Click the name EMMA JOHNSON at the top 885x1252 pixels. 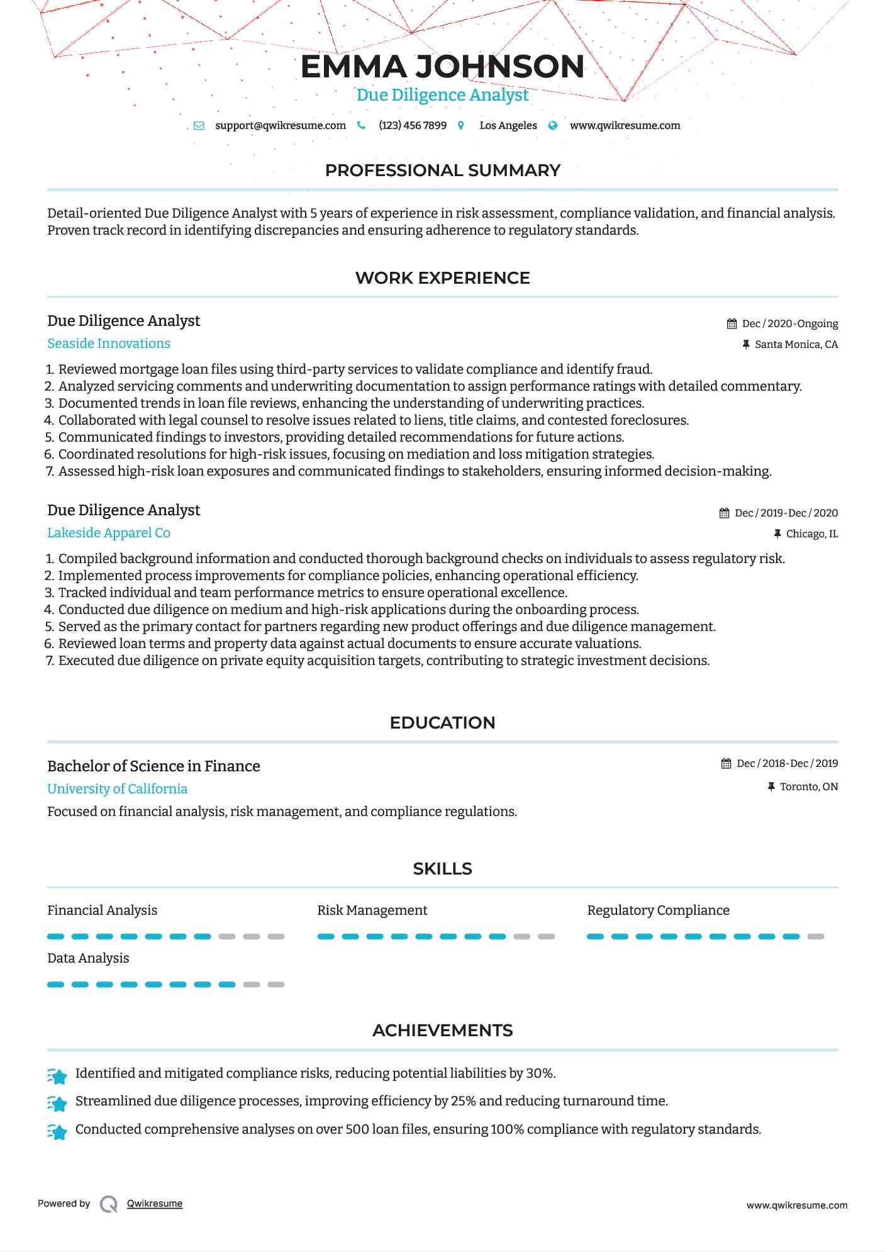(x=442, y=67)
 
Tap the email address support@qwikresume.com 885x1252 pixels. (x=280, y=125)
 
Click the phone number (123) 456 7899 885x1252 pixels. (x=412, y=125)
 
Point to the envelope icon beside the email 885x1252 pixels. (x=199, y=125)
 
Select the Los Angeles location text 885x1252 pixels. (x=508, y=125)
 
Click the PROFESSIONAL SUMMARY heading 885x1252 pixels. (x=442, y=170)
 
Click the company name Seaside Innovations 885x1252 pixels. (x=109, y=344)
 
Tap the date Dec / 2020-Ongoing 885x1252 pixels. (x=789, y=323)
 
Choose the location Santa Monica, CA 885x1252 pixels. (x=796, y=344)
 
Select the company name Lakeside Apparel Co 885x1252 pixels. (x=109, y=533)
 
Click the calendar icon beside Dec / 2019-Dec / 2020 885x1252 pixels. (x=725, y=513)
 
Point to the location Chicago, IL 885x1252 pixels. (x=811, y=534)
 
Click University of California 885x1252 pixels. (x=117, y=789)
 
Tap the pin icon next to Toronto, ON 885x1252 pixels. (x=771, y=786)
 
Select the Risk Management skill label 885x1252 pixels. (x=372, y=910)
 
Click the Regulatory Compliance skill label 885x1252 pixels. (x=658, y=910)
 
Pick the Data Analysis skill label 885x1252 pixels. (x=88, y=958)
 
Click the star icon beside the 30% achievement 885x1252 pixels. (x=57, y=1076)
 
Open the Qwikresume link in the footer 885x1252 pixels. (x=155, y=1204)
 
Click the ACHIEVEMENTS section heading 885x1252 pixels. (x=442, y=1031)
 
